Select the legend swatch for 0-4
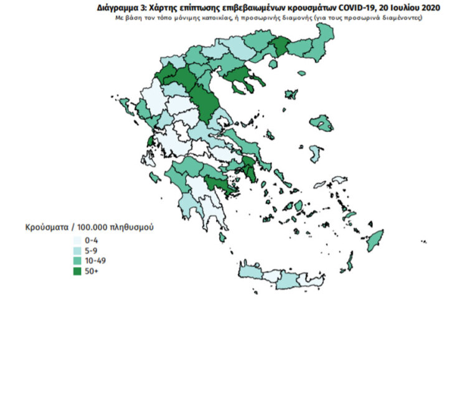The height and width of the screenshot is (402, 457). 77,240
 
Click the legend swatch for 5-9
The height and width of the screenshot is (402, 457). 77,250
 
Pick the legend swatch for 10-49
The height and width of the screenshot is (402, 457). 77,261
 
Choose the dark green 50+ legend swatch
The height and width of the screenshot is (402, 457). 77,271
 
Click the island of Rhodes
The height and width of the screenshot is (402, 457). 375,240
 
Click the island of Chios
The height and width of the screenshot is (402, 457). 316,152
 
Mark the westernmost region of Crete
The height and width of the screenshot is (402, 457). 250,272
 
